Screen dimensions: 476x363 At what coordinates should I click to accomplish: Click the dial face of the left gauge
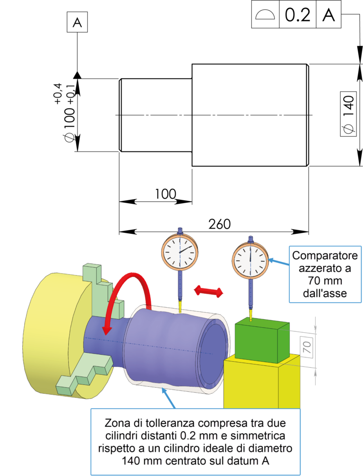click(x=180, y=252)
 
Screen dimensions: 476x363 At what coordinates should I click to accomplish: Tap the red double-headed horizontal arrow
click(x=208, y=291)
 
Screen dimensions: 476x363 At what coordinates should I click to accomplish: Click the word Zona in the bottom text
click(x=116, y=423)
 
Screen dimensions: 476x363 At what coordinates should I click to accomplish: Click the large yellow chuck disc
click(x=51, y=335)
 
